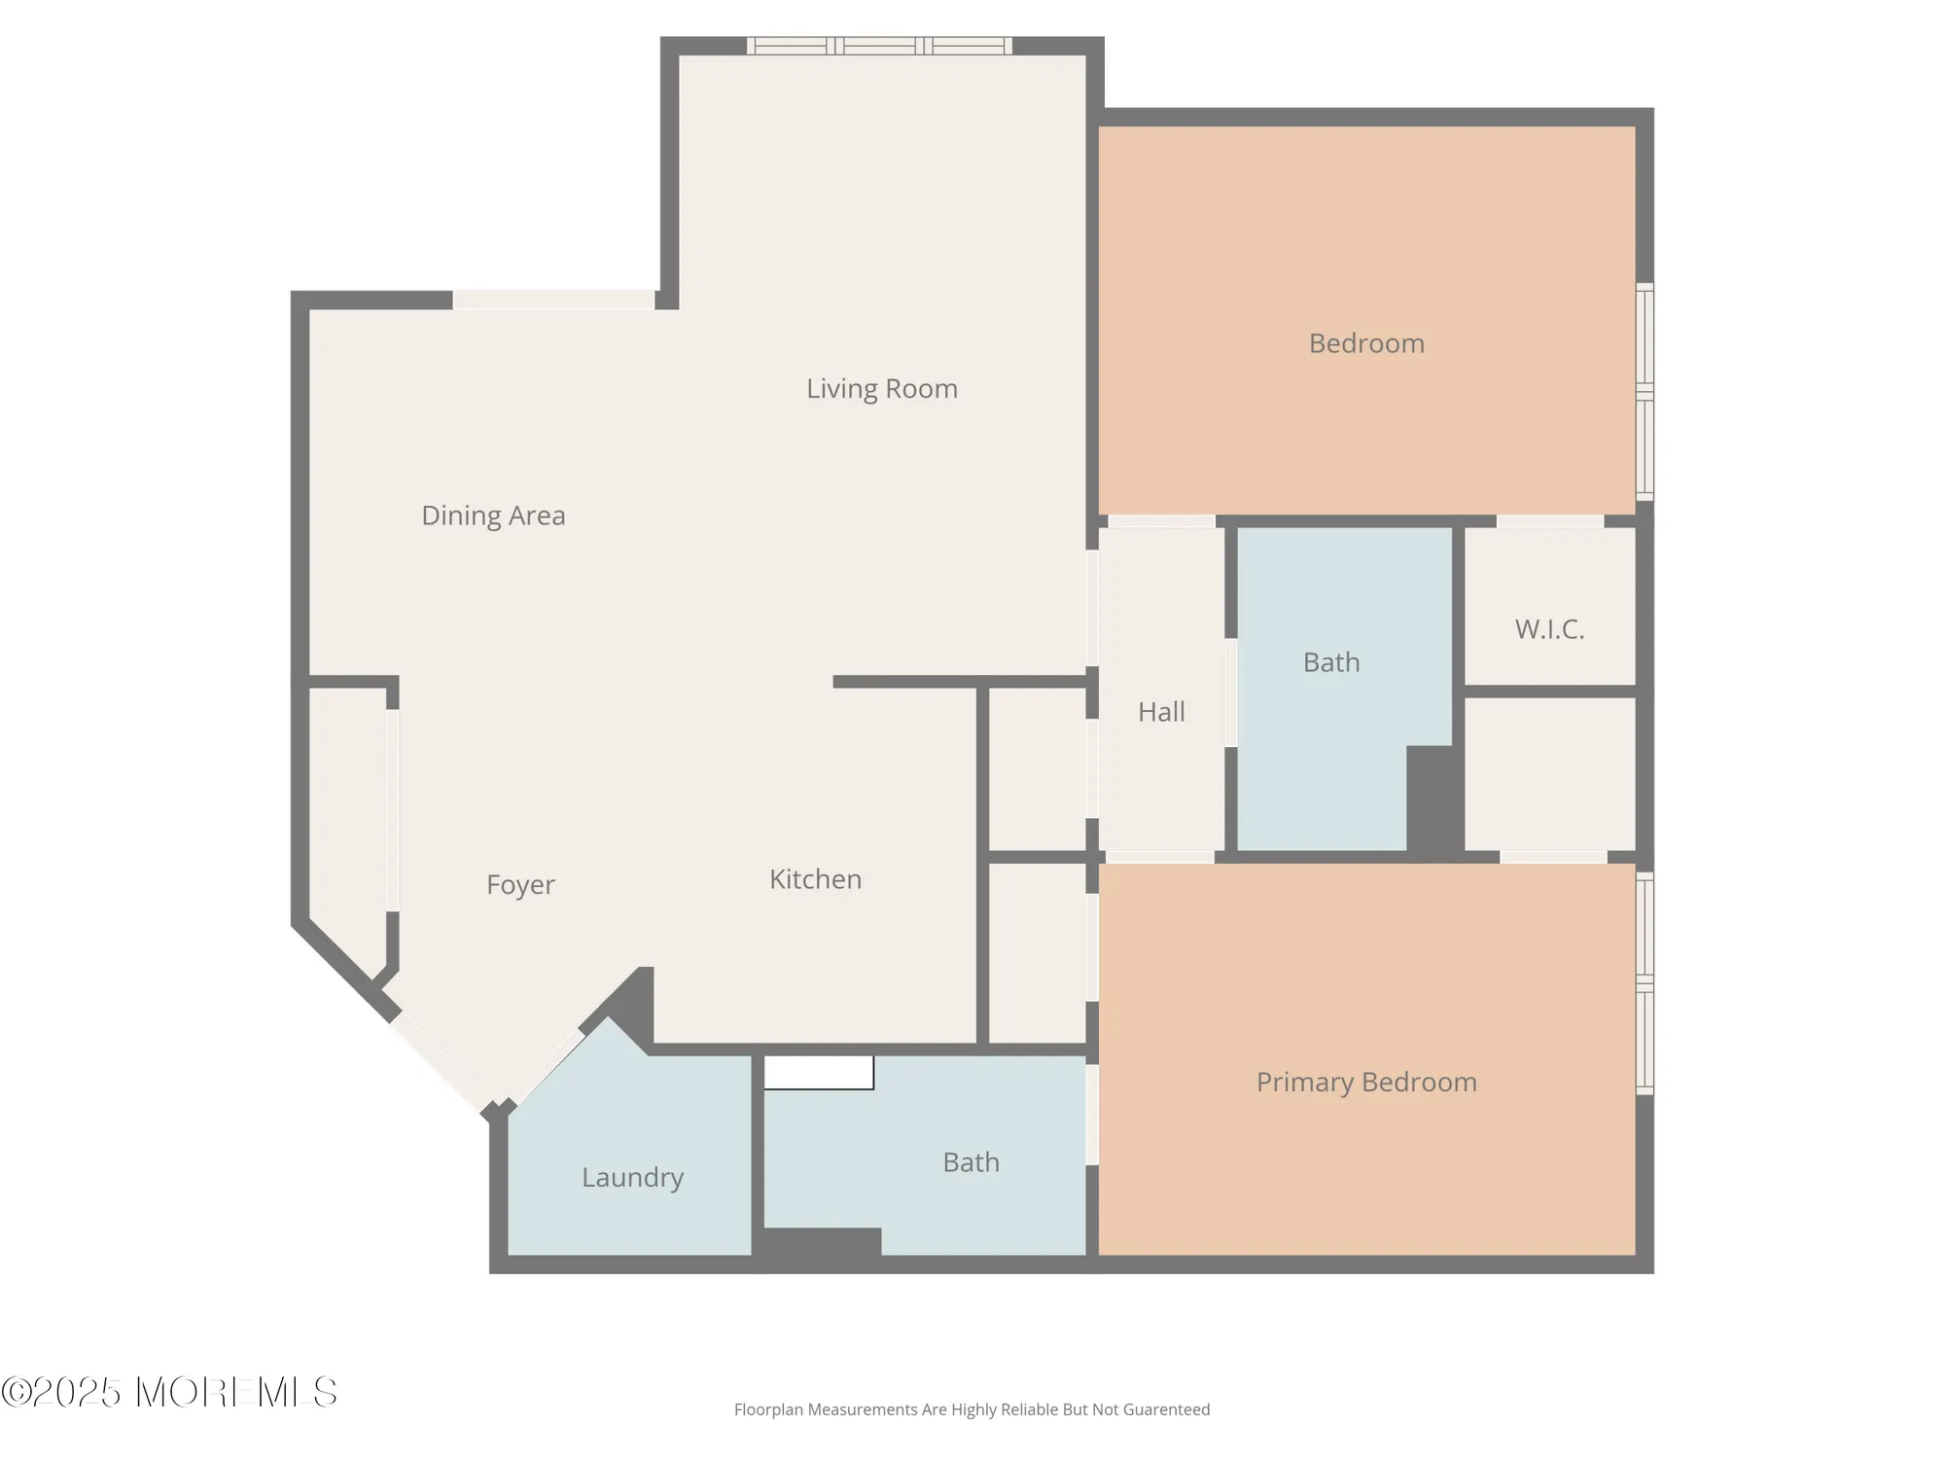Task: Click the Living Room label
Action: (881, 389)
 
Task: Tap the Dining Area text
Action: (493, 516)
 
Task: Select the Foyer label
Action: (520, 885)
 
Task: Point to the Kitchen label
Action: (815, 879)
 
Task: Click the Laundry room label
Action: (632, 1178)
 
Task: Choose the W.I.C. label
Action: (1549, 629)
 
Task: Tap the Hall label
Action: (1161, 712)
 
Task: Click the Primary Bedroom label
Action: (1366, 1083)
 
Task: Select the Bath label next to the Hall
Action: (1331, 662)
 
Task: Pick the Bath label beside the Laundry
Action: (971, 1162)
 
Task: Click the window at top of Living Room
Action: (879, 46)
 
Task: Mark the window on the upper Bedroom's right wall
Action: (1644, 391)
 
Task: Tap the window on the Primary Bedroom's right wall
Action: (1644, 983)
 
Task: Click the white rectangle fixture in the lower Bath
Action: (818, 1073)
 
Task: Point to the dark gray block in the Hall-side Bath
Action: (1433, 801)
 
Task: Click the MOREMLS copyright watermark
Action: (169, 1393)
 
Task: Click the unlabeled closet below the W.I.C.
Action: (1549, 774)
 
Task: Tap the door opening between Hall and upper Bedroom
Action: (1161, 521)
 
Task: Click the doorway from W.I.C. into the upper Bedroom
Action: (1549, 521)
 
